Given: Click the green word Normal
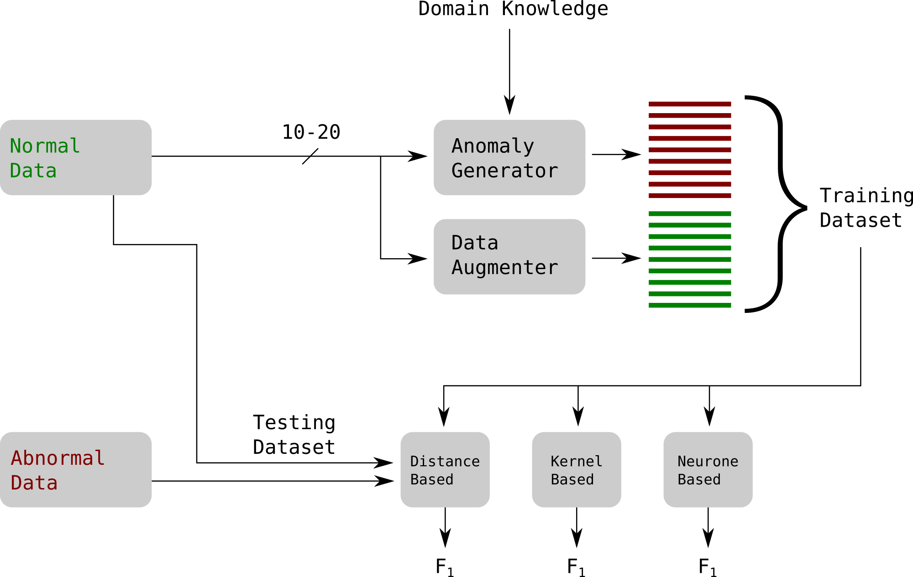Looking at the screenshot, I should (45, 146).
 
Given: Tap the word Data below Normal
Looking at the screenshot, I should (33, 171).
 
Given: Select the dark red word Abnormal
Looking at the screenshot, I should (58, 458).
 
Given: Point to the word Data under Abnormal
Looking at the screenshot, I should (34, 483).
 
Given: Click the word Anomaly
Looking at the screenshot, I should (493, 146).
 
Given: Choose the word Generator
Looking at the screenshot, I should (504, 171).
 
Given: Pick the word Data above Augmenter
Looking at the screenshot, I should (475, 243).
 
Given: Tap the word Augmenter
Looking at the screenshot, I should (504, 267).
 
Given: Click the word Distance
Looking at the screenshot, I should (445, 461).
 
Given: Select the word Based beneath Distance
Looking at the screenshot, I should (432, 479).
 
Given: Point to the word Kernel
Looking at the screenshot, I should (577, 461).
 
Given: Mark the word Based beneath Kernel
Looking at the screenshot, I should (572, 479).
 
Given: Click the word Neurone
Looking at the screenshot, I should (708, 461).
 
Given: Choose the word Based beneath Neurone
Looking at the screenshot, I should (699, 479).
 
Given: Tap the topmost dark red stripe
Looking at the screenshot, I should (690, 104).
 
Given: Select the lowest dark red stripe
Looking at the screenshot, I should (690, 196).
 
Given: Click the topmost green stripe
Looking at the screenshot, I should (690, 213).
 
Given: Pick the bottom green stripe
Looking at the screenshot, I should (690, 305).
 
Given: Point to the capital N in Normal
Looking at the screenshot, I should (16, 146).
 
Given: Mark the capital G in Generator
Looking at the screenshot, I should (457, 171).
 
